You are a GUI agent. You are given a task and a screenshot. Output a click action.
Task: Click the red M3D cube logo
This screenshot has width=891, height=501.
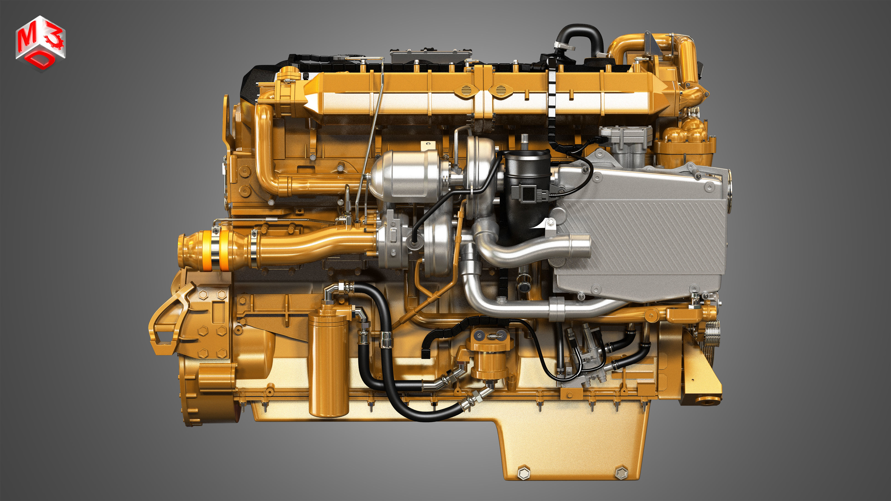pyautogui.click(x=40, y=43)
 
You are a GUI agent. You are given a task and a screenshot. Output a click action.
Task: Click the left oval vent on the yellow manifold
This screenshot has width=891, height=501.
pyautogui.click(x=466, y=91)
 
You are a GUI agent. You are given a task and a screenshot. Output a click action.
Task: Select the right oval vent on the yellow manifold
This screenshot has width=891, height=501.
pyautogui.click(x=500, y=91)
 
